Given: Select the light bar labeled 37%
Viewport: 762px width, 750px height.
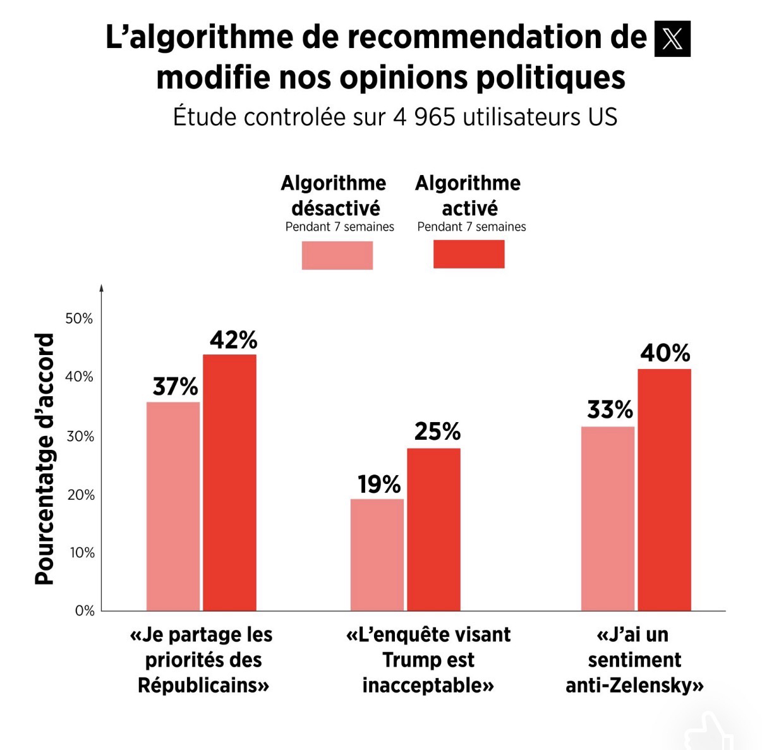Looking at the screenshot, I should pyautogui.click(x=173, y=505).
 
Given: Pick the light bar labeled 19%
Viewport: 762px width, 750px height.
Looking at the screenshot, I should pyautogui.click(x=377, y=554).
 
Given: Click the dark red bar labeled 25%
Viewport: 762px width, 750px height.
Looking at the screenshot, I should pyautogui.click(x=433, y=529).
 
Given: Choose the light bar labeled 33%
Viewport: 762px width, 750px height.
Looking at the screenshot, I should pyautogui.click(x=608, y=518).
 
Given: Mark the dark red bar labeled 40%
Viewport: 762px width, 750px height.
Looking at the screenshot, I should pyautogui.click(x=664, y=489).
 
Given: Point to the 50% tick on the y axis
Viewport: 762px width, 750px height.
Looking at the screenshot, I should pyautogui.click(x=79, y=318).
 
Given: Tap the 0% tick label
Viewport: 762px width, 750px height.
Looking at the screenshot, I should pyautogui.click(x=85, y=611).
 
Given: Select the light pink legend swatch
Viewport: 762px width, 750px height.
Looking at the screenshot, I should pyautogui.click(x=337, y=255).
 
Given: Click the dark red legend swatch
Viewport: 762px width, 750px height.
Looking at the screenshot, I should pyautogui.click(x=469, y=254).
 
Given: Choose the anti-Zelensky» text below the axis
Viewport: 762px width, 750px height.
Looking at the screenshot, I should pyautogui.click(x=634, y=686).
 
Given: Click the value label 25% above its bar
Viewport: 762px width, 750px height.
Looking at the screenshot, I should pyautogui.click(x=437, y=432).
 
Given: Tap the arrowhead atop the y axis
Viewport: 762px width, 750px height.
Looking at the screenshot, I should pyautogui.click(x=101, y=288).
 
